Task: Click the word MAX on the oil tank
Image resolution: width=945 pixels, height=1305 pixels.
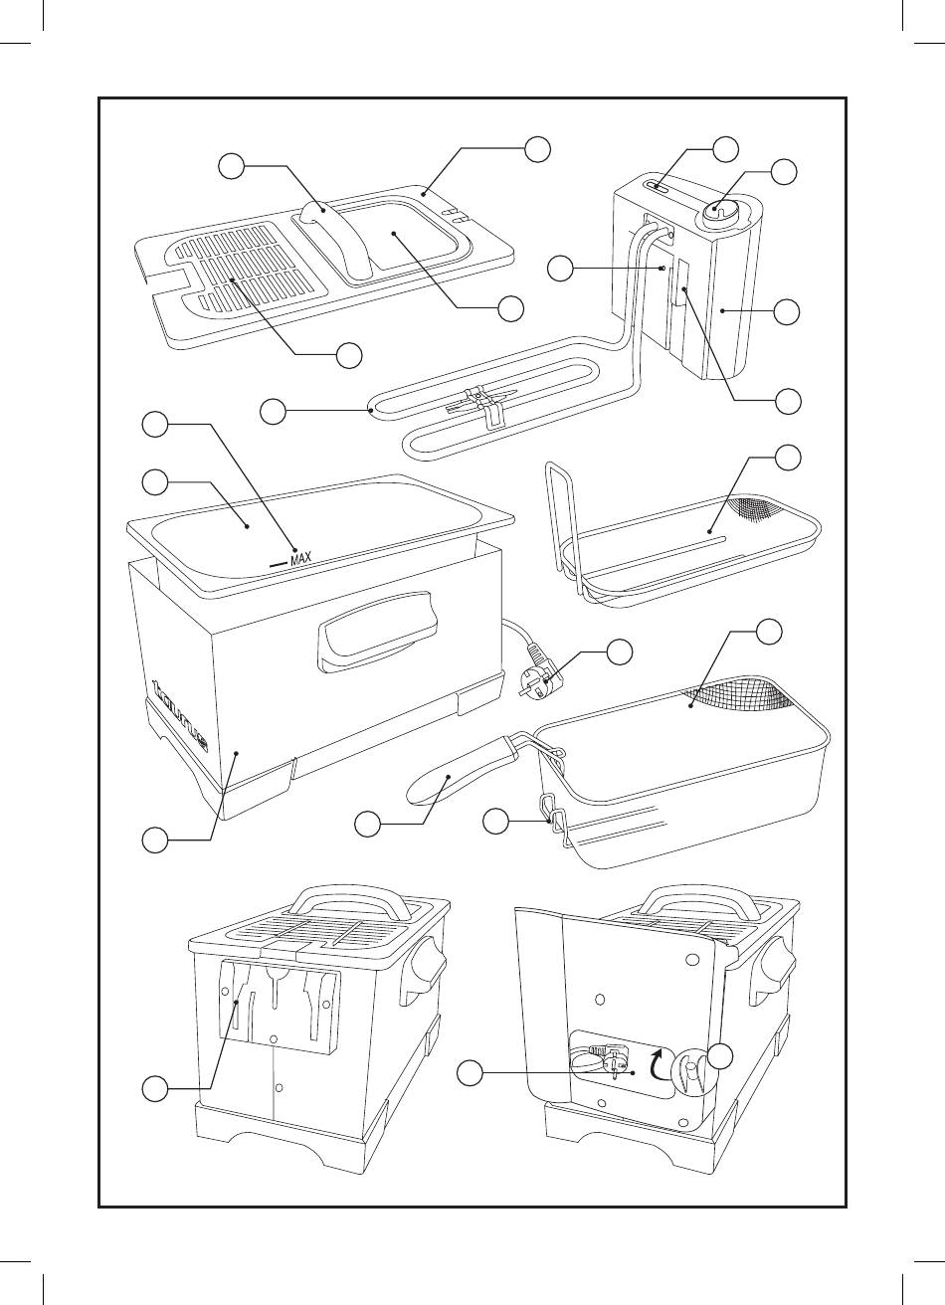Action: (301, 560)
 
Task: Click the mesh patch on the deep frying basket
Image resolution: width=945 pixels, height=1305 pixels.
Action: (740, 696)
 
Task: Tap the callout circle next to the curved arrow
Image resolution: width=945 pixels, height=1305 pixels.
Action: (725, 1055)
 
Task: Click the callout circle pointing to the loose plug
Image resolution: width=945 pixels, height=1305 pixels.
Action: (620, 652)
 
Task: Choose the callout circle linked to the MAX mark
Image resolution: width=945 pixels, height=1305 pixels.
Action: (153, 425)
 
